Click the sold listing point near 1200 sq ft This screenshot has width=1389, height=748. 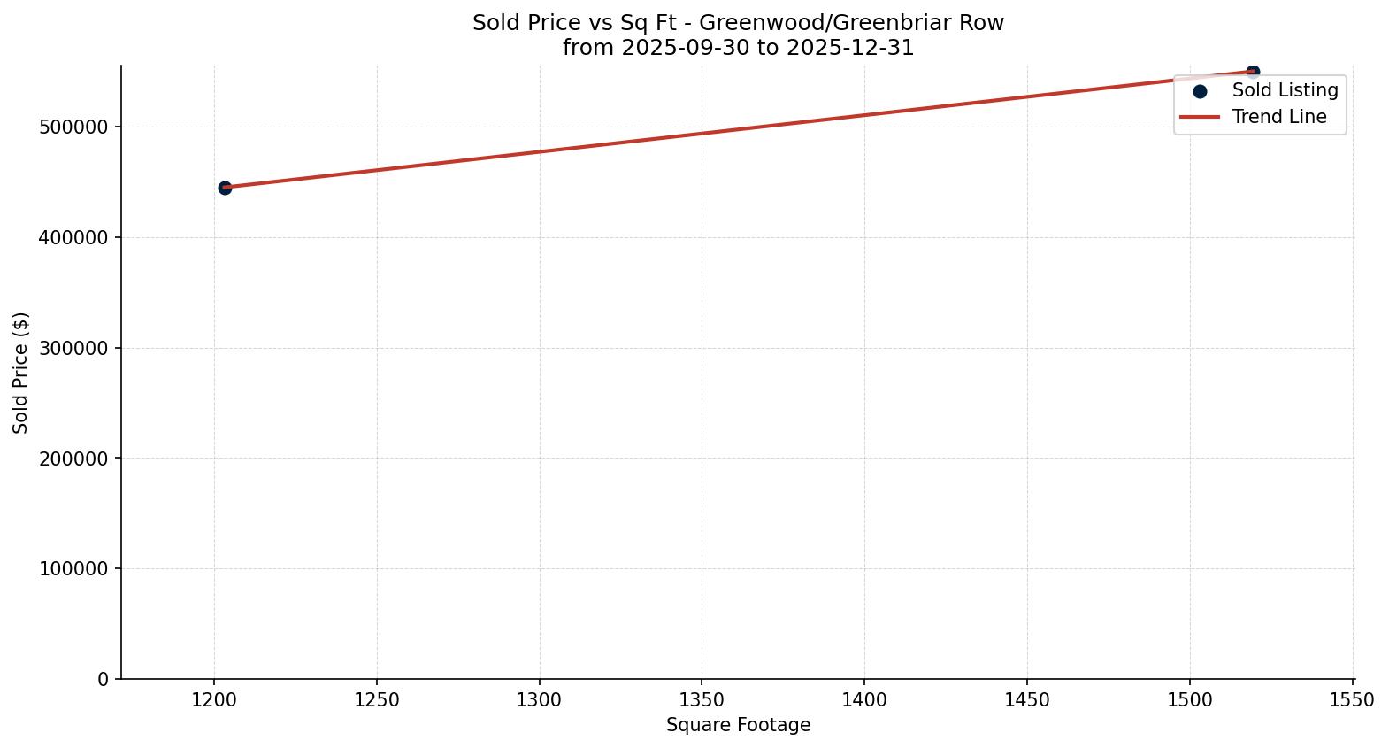click(x=225, y=188)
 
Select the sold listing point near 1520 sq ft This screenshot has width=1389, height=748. click(x=1253, y=72)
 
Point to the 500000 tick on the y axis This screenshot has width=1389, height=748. click(x=74, y=127)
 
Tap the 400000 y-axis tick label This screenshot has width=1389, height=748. click(x=74, y=238)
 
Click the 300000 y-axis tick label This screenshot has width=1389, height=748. click(x=74, y=348)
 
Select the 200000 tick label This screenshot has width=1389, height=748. click(x=74, y=459)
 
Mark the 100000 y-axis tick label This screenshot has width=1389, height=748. click(x=74, y=569)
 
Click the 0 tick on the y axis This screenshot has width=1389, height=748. click(x=104, y=679)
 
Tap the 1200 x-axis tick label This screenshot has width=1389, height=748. click(x=214, y=700)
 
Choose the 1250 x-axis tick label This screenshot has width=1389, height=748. click(x=377, y=700)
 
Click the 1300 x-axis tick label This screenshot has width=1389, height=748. click(x=539, y=700)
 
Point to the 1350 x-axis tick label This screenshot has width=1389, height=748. click(x=702, y=700)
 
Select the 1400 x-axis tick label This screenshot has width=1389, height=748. click(x=864, y=700)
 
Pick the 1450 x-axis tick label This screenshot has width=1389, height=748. click(x=1027, y=700)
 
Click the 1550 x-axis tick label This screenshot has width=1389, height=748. click(x=1352, y=700)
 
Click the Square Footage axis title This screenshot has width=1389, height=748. click(x=738, y=725)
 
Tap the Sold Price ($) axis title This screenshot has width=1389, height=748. click(x=21, y=373)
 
